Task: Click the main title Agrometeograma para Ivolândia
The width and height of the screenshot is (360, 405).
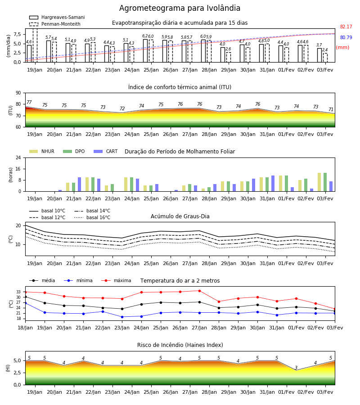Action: [x=180, y=8]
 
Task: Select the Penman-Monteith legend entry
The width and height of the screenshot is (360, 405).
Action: [x=55, y=24]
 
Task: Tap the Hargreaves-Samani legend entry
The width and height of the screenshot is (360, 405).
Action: [x=57, y=17]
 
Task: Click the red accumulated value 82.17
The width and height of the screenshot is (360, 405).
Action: [x=346, y=27]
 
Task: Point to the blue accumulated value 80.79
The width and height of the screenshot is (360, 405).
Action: [x=346, y=37]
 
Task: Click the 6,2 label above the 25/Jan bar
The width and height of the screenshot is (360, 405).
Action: [x=145, y=36]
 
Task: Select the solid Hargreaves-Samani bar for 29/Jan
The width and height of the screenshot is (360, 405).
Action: [x=223, y=55]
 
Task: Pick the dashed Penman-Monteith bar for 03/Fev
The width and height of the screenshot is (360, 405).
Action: [x=325, y=58]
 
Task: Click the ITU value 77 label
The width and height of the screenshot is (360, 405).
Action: [x=29, y=102]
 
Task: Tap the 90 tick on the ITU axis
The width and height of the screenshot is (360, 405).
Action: [x=18, y=93]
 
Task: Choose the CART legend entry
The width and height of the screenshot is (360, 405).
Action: [x=106, y=151]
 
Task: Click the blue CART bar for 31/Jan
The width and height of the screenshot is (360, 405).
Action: [x=273, y=184]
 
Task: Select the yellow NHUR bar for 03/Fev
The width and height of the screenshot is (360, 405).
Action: [x=319, y=182]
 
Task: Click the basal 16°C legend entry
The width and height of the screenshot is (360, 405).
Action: [x=92, y=217]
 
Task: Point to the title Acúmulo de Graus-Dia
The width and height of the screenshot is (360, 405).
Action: [x=180, y=216]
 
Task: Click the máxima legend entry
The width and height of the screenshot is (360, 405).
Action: [x=116, y=280]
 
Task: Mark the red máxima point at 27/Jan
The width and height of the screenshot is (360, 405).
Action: [x=199, y=291]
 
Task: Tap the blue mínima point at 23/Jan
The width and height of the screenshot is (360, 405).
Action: [x=122, y=317]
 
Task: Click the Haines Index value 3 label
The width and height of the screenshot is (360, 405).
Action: [x=296, y=368]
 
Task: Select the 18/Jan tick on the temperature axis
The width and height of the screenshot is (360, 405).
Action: [x=25, y=328]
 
